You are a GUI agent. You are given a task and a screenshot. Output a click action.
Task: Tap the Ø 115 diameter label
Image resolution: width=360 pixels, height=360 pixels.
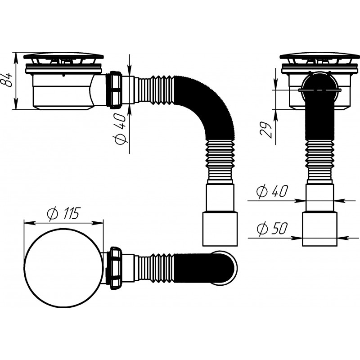point(63,213)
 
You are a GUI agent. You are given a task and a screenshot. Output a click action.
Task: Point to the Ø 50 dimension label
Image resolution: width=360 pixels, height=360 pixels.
point(272,228)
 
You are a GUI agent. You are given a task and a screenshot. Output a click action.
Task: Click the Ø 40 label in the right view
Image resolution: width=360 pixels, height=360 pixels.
point(272,191)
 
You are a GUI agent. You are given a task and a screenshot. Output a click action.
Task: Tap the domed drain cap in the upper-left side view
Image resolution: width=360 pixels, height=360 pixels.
point(63,56)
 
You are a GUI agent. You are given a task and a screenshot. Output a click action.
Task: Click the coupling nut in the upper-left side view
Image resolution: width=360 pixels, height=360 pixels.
point(116,90)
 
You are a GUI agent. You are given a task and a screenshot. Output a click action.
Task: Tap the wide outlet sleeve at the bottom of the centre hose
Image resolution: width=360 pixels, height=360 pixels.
point(220,229)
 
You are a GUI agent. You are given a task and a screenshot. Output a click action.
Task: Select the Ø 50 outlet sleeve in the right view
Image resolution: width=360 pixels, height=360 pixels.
point(319,229)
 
